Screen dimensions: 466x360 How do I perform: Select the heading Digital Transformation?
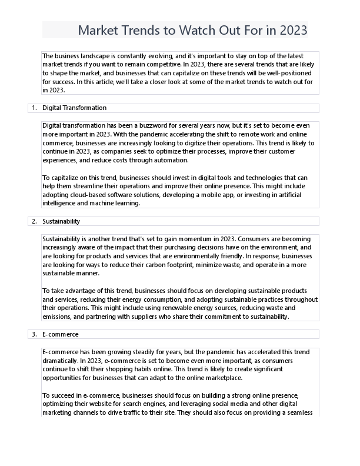pos(74,108)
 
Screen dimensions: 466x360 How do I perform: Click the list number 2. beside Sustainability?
pos(34,221)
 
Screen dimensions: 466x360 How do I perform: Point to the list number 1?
pos(34,108)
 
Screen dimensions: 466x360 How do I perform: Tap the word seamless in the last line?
pos(299,412)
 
